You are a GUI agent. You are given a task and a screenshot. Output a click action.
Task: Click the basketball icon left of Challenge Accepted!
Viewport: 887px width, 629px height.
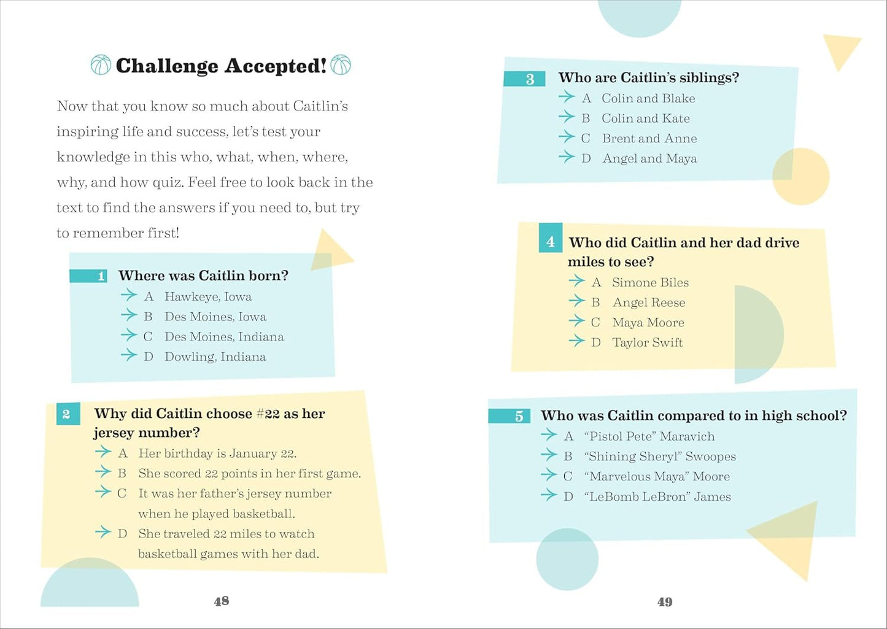(101, 65)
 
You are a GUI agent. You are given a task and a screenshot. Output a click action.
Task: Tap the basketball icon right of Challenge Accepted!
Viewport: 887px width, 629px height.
(341, 64)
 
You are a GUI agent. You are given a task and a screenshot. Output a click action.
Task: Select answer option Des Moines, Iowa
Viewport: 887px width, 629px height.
(215, 317)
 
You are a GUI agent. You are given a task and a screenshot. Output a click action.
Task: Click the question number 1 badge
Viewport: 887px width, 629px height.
(89, 276)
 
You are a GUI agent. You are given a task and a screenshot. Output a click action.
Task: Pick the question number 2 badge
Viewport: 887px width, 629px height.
(66, 414)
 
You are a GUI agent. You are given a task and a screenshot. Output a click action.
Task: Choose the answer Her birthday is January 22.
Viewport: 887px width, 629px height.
(217, 453)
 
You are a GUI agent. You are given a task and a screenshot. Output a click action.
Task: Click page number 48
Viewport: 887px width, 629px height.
(222, 601)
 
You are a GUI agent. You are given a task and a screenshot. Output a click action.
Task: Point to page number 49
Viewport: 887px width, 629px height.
(665, 602)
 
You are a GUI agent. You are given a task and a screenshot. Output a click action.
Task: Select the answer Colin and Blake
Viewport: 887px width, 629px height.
(648, 98)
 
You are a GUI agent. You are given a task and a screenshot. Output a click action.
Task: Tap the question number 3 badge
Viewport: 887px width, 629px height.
(525, 79)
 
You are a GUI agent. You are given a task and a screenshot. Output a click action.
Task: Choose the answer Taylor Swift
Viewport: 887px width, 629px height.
(647, 342)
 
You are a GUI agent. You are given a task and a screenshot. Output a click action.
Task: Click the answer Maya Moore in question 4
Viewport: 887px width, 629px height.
(648, 322)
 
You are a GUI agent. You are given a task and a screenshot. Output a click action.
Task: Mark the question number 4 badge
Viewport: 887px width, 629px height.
(551, 242)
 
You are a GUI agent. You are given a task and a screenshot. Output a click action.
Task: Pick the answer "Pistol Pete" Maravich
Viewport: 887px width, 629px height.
(649, 436)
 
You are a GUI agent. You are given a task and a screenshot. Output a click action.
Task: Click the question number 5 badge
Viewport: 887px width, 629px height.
(509, 416)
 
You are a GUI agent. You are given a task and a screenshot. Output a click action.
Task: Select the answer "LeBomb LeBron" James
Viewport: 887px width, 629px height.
(657, 496)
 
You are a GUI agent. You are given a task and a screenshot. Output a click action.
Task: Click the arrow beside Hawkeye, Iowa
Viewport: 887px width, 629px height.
(129, 295)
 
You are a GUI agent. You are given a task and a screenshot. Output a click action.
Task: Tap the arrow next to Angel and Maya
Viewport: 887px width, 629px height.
(567, 157)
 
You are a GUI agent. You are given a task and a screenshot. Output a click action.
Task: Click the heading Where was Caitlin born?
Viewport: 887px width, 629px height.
(203, 276)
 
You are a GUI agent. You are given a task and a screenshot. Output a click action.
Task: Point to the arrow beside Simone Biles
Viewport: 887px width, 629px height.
(576, 281)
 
